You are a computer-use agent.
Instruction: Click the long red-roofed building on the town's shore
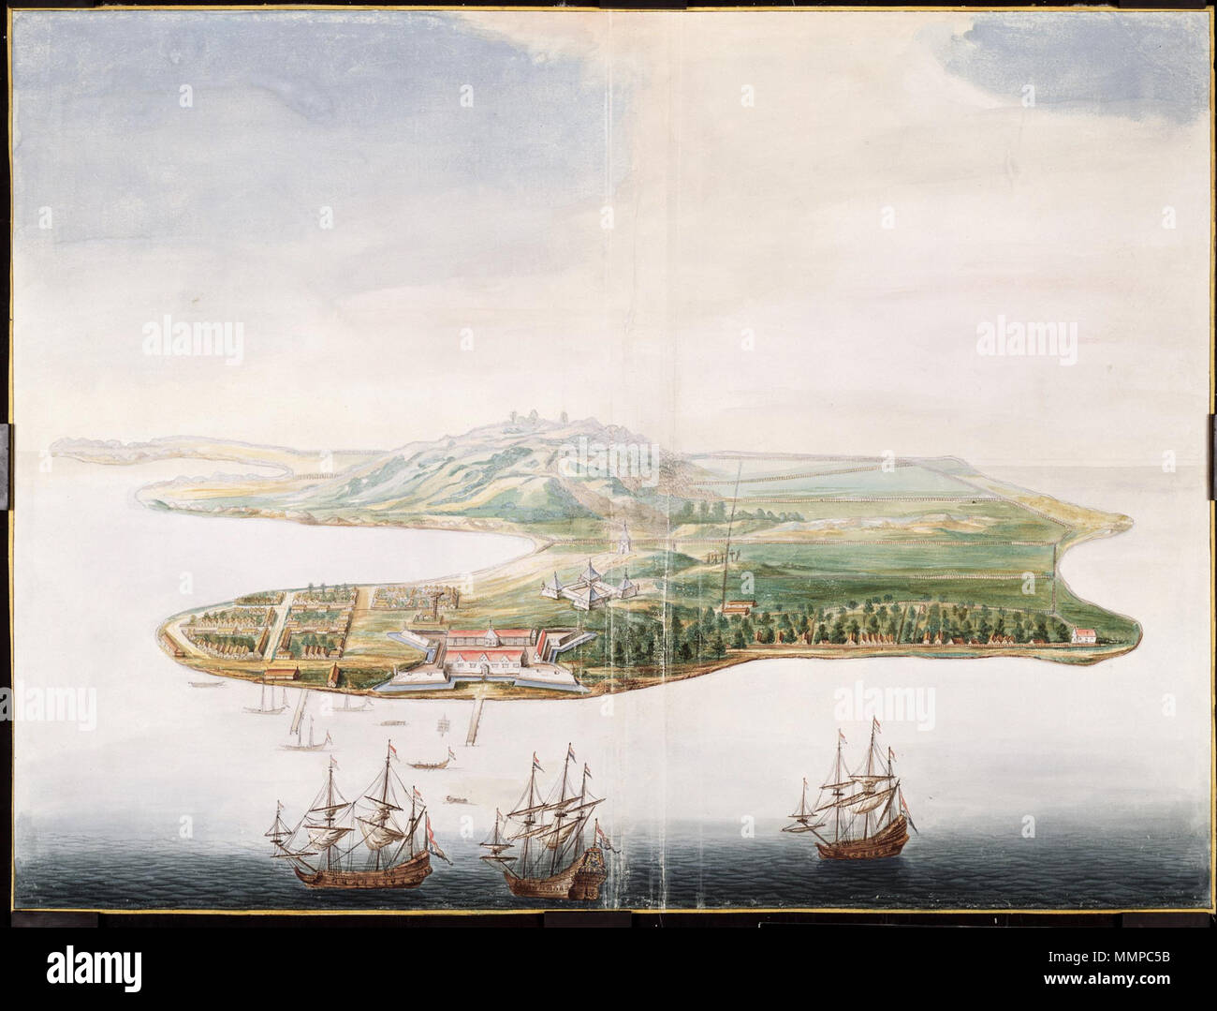[x=280, y=673]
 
